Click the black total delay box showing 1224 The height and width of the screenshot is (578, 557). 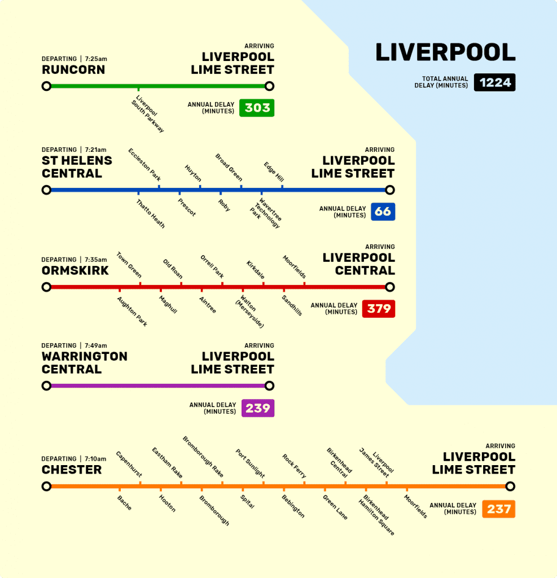[494, 82]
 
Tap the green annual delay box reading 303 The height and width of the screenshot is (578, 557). [257, 107]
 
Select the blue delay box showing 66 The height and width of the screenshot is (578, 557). [383, 212]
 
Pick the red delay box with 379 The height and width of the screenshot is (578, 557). [378, 309]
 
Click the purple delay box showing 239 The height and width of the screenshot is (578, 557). [257, 408]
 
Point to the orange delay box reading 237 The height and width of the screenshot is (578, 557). [498, 509]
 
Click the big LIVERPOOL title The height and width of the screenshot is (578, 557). [445, 52]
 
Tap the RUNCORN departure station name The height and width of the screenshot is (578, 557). [73, 70]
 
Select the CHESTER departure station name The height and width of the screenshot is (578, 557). [72, 470]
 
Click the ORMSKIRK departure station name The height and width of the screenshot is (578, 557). [75, 270]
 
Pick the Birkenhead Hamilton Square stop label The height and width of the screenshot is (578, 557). [378, 515]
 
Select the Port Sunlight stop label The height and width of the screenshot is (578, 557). [250, 463]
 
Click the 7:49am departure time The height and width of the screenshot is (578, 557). [96, 345]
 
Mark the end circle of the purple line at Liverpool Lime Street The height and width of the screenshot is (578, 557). [269, 386]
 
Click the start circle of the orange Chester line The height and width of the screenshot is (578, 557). [46, 487]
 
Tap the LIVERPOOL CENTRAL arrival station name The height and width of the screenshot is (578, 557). [358, 264]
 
